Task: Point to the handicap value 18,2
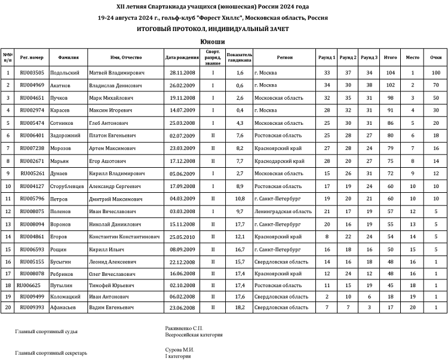[x=240, y=307]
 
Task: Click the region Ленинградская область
[x=283, y=211]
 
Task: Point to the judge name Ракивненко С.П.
[x=184, y=328]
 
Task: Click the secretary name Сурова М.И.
[x=180, y=349]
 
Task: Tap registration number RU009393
[x=32, y=307]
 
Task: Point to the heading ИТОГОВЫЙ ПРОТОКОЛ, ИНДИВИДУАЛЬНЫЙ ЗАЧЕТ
[x=213, y=29]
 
